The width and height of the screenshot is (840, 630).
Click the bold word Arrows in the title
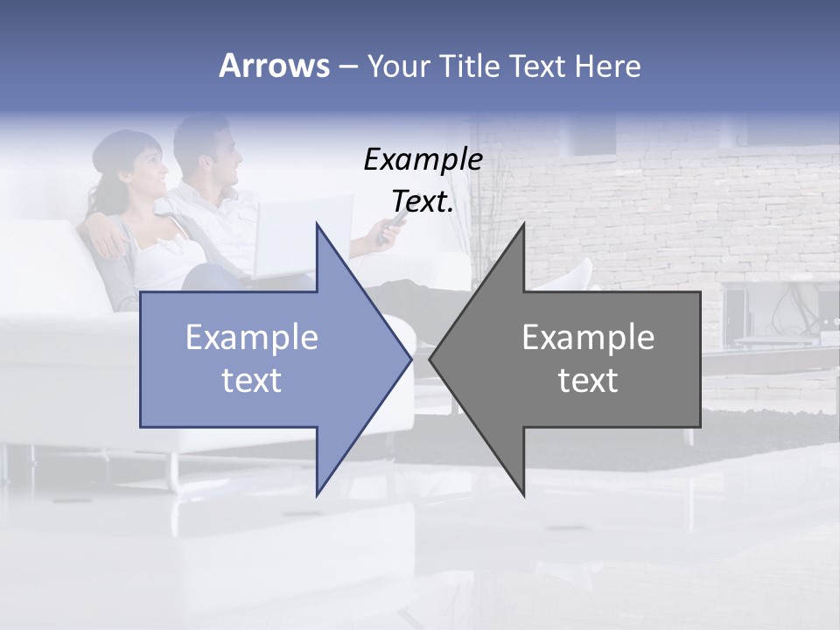pos(274,66)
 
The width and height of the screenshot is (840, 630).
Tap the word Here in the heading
pos(607,66)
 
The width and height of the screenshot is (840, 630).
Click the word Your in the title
pos(397,66)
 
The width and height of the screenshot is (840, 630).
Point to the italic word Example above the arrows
pos(423,159)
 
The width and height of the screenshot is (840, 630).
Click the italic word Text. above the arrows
pos(423,201)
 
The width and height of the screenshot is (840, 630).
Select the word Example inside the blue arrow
pos(252,337)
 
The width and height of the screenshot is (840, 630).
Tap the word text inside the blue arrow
pos(252,381)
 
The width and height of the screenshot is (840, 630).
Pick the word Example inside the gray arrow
pos(588,337)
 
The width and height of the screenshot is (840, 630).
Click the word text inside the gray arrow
pos(588,381)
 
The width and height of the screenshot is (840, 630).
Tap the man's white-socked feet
pos(573,276)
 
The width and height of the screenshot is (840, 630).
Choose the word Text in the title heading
pos(537,66)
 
